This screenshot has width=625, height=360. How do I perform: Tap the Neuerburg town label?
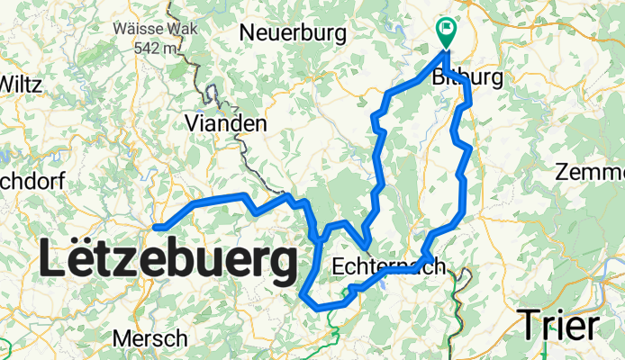tap(294, 33)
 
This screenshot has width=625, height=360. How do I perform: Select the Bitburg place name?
tap(467, 79)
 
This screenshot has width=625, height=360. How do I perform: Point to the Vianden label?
tap(225, 123)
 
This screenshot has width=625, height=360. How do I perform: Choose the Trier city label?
tap(560, 324)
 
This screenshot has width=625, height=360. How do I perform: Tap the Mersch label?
tap(150, 338)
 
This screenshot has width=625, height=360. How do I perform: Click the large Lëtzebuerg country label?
tap(168, 262)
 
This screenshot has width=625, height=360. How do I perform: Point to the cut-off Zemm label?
tap(591, 172)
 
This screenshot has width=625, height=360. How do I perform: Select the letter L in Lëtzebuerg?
tap(51, 262)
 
